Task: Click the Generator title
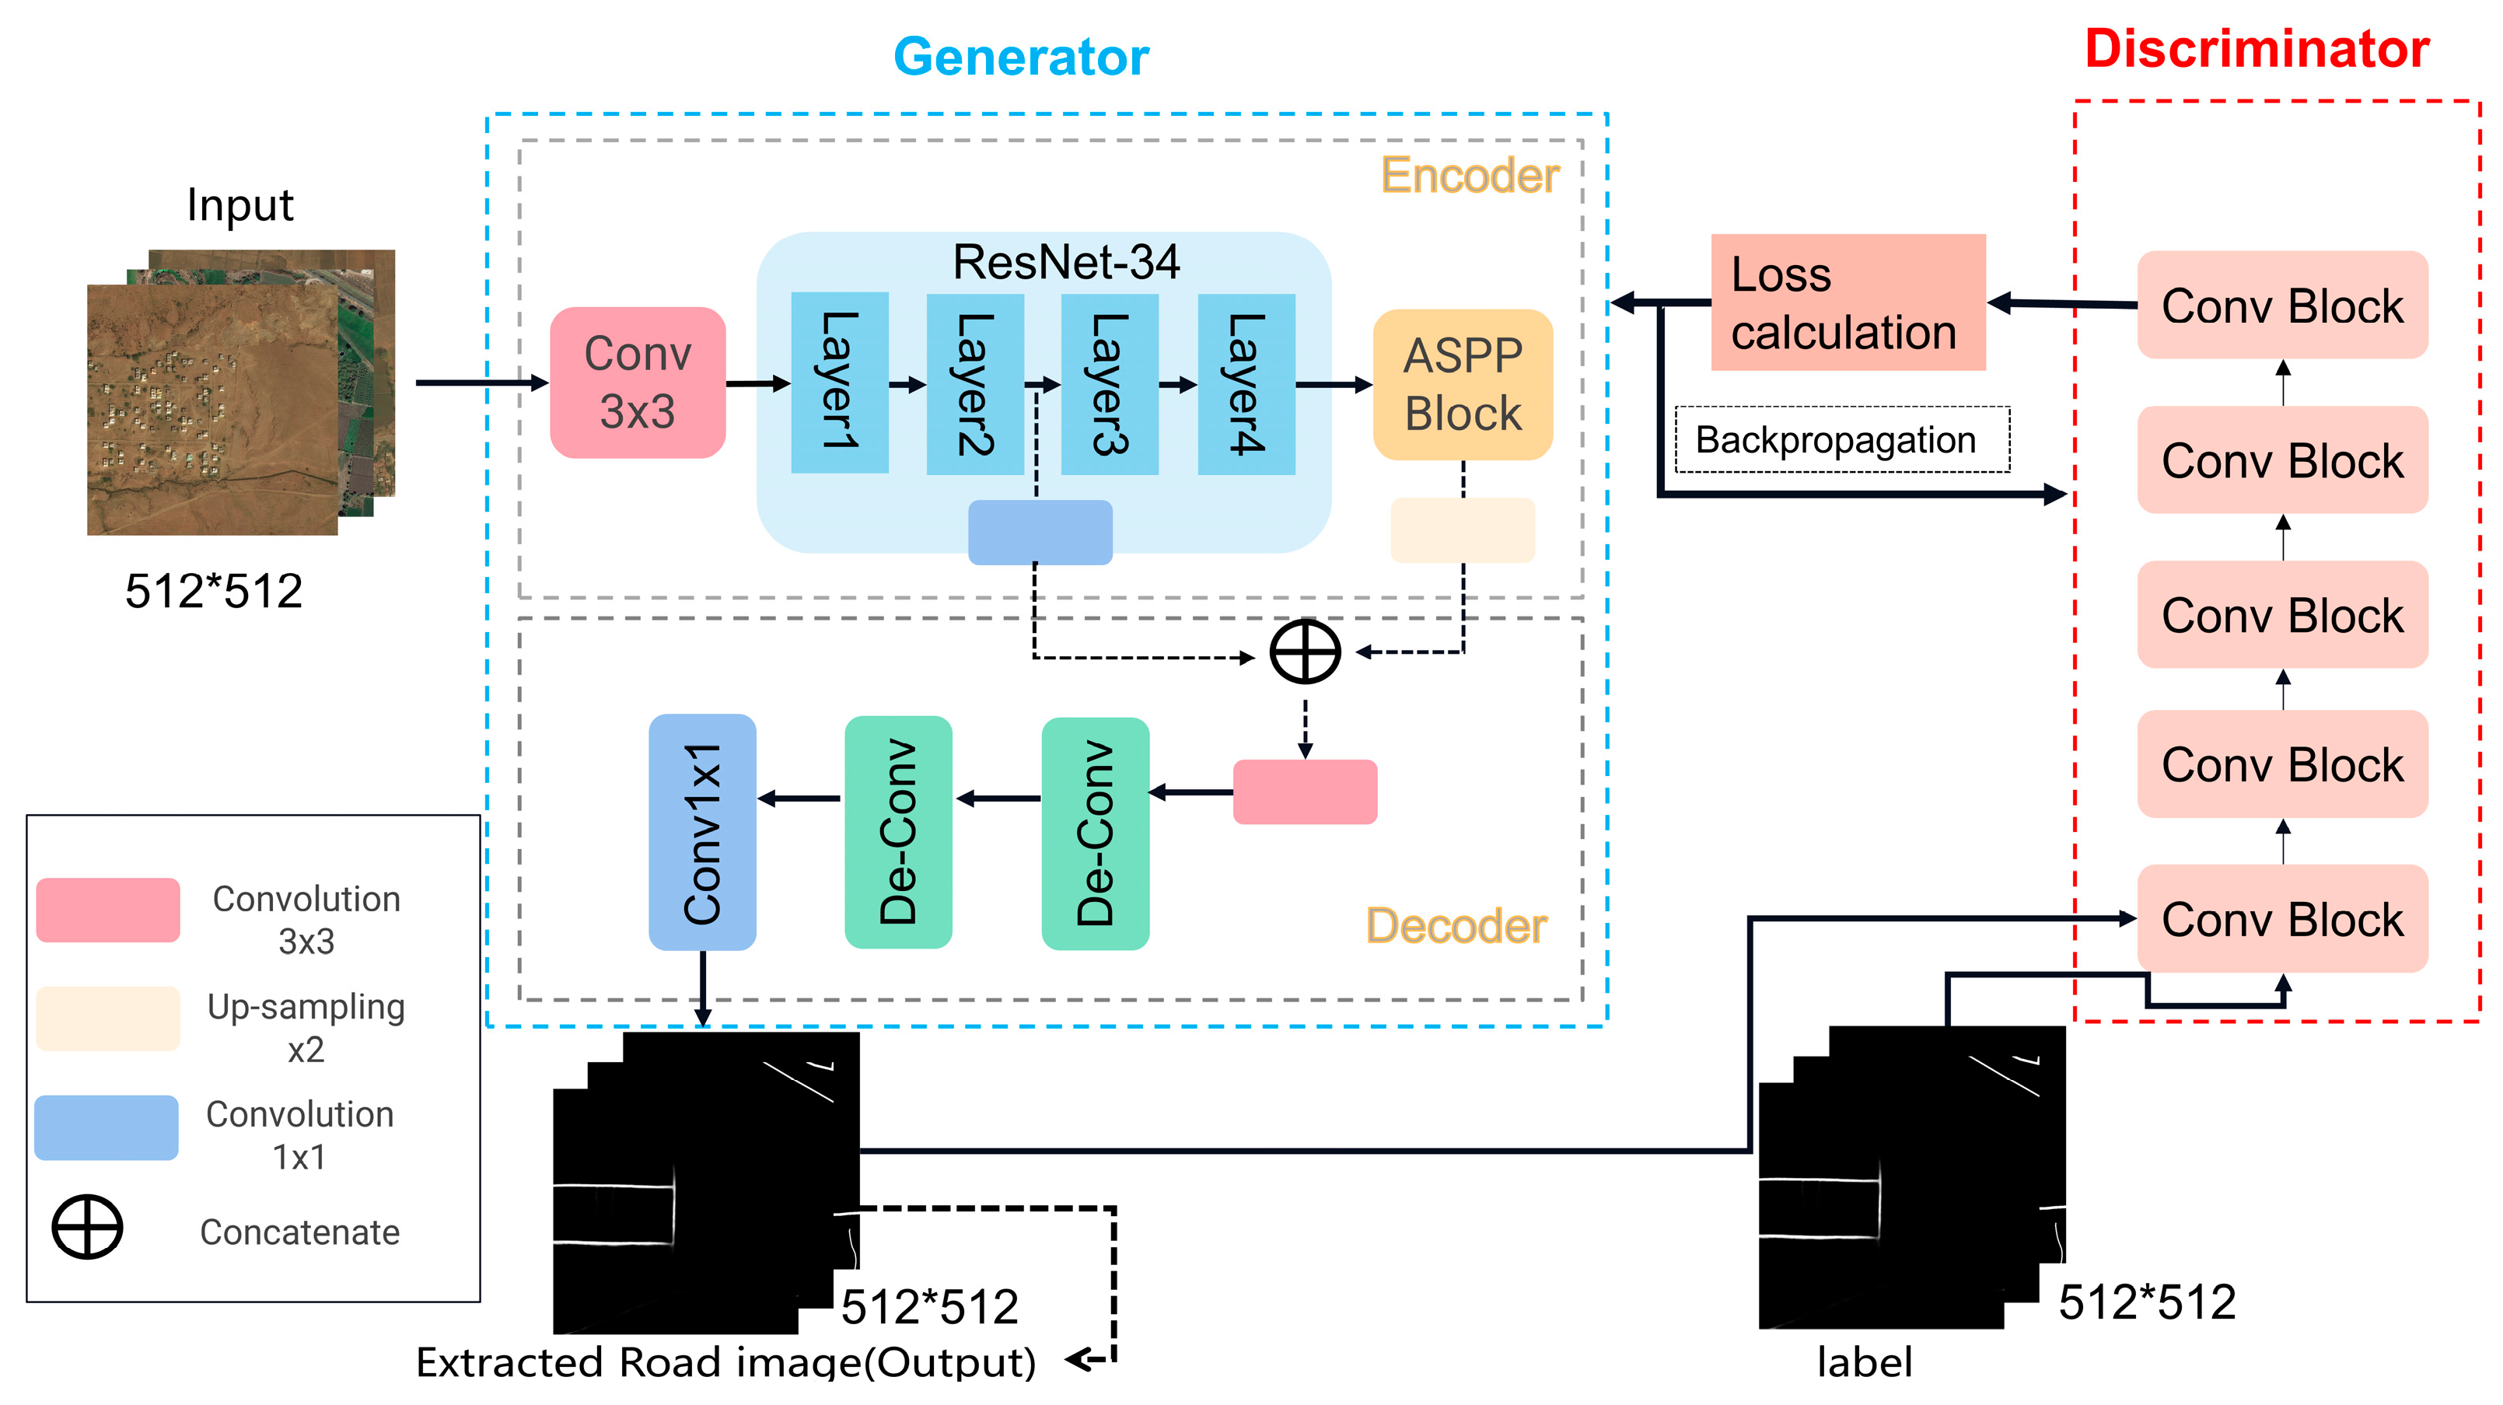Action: tap(1020, 56)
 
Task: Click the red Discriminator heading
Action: tap(2257, 48)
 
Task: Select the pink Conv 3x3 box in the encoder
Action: tap(638, 383)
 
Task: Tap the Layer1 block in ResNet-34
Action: tap(840, 383)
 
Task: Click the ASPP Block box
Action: tap(1463, 385)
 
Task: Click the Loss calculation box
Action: tap(1848, 302)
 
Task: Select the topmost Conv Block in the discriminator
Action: tap(2281, 305)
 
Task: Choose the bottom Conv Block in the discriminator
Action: tap(2281, 919)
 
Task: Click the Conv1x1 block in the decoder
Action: tap(701, 833)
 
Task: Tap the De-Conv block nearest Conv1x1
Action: tap(898, 833)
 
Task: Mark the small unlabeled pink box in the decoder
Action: tap(1305, 792)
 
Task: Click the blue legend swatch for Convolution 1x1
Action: tap(107, 1128)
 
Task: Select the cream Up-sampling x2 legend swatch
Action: tap(107, 1019)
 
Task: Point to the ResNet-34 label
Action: tap(1066, 262)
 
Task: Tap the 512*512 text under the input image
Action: tap(214, 591)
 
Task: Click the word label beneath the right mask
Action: tap(1864, 1362)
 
